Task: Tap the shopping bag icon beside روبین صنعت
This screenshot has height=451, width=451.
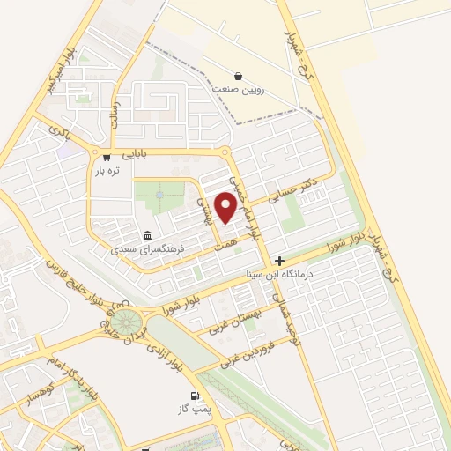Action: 239,76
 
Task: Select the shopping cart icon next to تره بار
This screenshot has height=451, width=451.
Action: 107,158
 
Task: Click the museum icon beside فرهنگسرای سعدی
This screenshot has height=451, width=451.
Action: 146,235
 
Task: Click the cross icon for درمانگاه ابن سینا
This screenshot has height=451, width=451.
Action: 279,261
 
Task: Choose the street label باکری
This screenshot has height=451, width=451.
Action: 60,133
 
